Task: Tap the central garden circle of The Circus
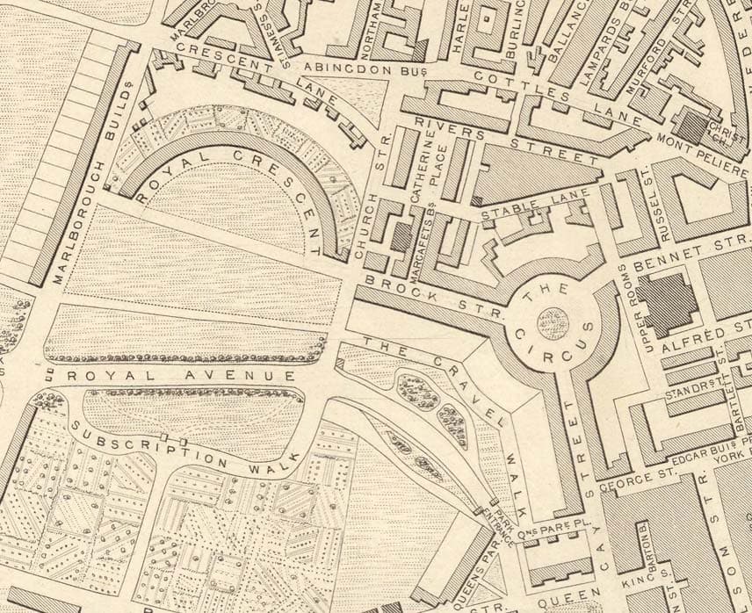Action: coord(553,324)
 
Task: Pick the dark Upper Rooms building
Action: coord(667,304)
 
